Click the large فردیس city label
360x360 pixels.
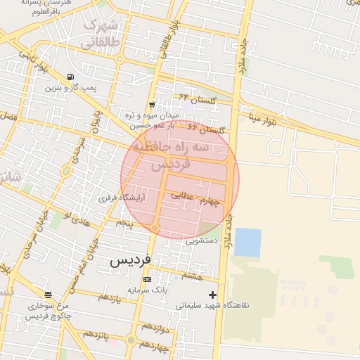(131, 259)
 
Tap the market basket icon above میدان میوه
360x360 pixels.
(151, 105)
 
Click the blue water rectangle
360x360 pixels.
(247, 242)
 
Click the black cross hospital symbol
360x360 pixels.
(213, 295)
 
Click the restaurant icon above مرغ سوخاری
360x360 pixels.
(48, 295)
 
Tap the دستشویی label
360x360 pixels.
(202, 240)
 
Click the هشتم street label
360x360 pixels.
(191, 275)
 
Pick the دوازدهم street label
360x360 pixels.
(155, 328)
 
